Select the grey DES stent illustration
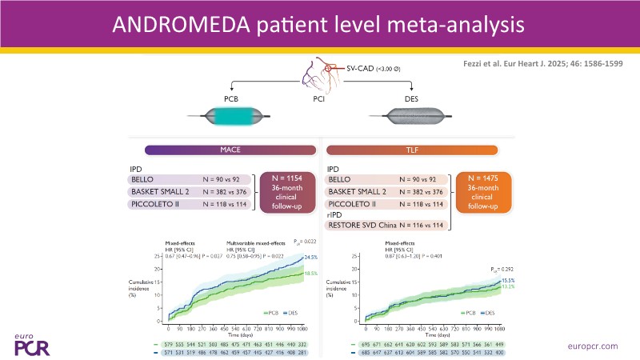click(410, 114)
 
